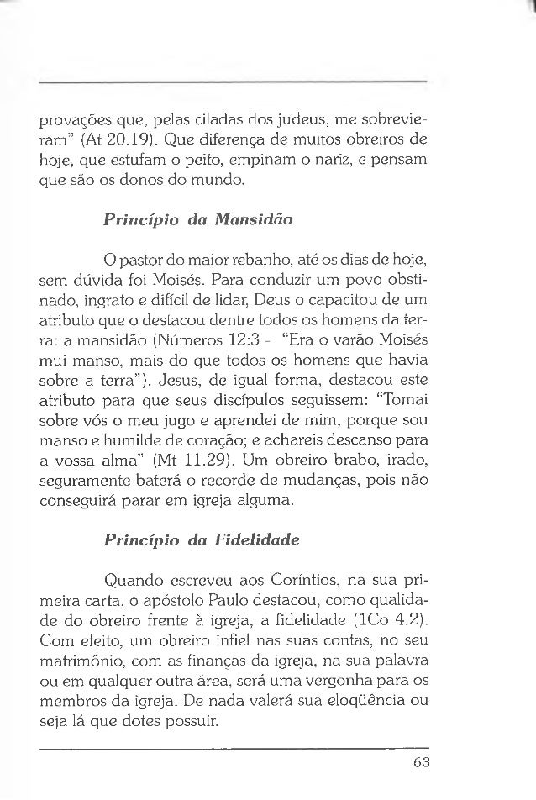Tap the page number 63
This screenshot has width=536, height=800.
[420, 762]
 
